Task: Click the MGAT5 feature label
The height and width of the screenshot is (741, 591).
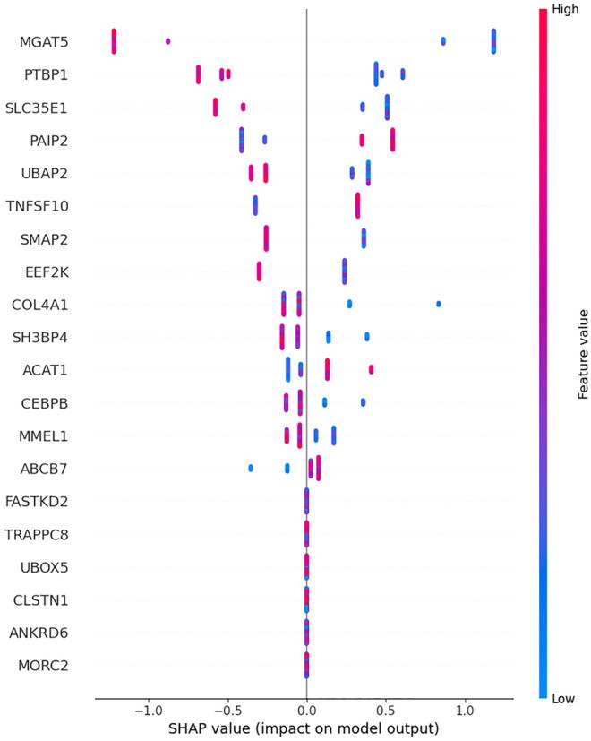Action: click(x=44, y=41)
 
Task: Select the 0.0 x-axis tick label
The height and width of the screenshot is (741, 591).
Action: click(x=307, y=710)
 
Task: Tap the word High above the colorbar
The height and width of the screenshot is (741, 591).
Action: click(x=552, y=9)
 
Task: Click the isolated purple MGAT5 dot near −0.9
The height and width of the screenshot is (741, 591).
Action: click(x=167, y=41)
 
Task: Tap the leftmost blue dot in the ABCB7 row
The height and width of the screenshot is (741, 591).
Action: click(x=250, y=468)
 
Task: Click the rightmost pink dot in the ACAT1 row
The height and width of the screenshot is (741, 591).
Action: click(x=371, y=369)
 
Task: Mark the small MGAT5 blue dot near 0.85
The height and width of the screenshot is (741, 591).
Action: click(x=443, y=41)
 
